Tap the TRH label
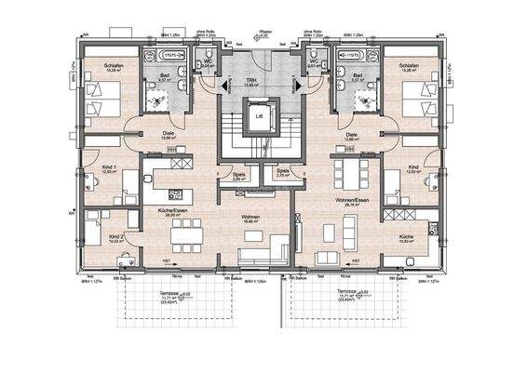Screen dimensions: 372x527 250,81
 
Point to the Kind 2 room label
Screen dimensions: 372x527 115,237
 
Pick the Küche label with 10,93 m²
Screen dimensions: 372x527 406,238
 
